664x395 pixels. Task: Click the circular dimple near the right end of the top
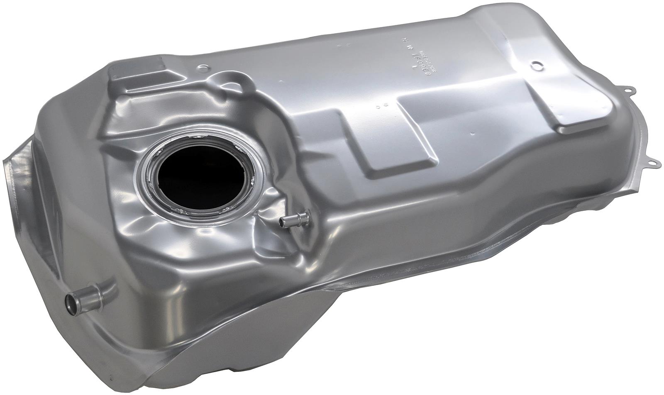[537, 65]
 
